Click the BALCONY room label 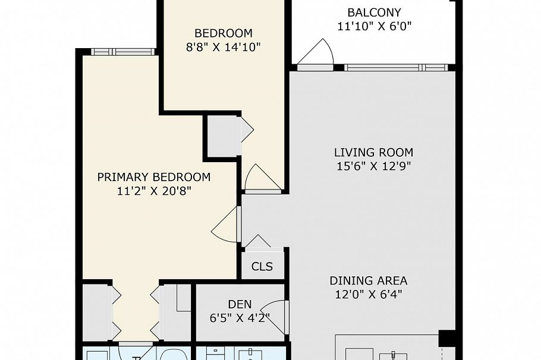pyautogui.click(x=374, y=12)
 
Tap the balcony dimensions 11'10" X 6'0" pyautogui.click(x=374, y=26)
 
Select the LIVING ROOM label pyautogui.click(x=373, y=153)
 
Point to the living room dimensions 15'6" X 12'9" pyautogui.click(x=373, y=166)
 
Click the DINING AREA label pyautogui.click(x=369, y=280)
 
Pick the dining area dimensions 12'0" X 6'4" pyautogui.click(x=369, y=294)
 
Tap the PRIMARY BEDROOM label pyautogui.click(x=153, y=177)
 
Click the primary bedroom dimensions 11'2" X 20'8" pyautogui.click(x=153, y=191)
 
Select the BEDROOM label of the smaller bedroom pyautogui.click(x=224, y=33)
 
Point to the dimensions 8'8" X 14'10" pyautogui.click(x=224, y=46)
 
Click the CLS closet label pyautogui.click(x=262, y=266)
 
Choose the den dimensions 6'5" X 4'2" pyautogui.click(x=236, y=318)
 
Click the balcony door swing pyautogui.click(x=316, y=54)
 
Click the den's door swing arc pyautogui.click(x=275, y=313)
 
